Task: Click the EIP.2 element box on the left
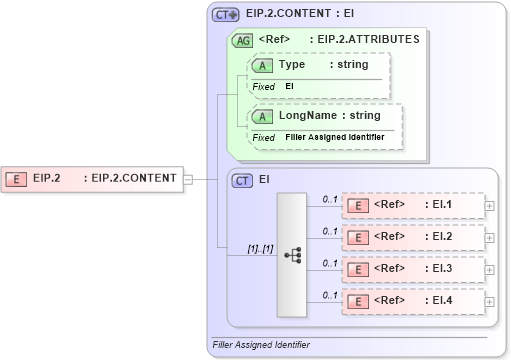tap(91, 179)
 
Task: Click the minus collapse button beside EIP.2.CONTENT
tap(188, 179)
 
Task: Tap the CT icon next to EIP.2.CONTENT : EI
tap(225, 15)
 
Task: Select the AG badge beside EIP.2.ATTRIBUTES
tap(242, 41)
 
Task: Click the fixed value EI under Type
tap(289, 86)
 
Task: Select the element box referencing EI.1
tap(412, 205)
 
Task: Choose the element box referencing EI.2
tap(412, 237)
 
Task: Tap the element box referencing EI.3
tap(412, 268)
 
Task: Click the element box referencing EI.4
tap(412, 300)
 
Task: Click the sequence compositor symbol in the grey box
tap(293, 254)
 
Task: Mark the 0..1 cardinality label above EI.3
tap(329, 263)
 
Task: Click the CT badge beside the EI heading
tap(242, 181)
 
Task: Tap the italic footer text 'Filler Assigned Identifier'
tap(260, 345)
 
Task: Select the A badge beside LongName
tap(262, 116)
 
